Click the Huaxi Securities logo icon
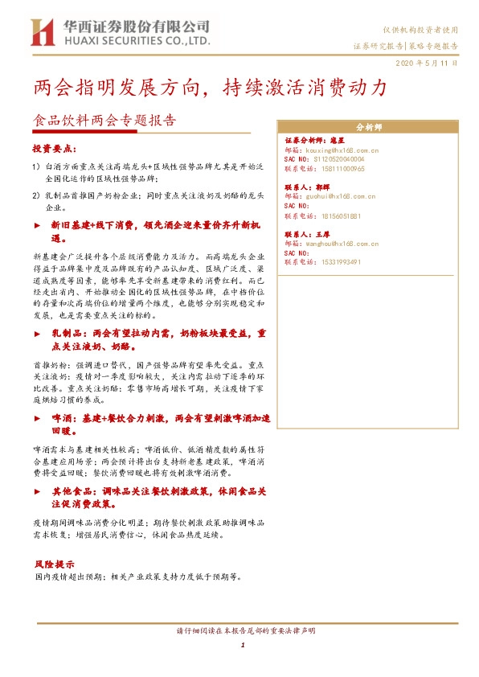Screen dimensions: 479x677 click(45, 33)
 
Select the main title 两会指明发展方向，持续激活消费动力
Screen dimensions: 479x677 click(211, 87)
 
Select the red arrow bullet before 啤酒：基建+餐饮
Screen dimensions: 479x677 click(37, 419)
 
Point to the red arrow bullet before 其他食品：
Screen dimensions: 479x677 click(37, 489)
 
